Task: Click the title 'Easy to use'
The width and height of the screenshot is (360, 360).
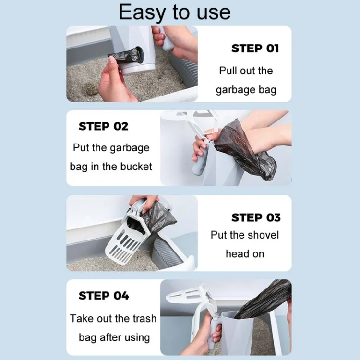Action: (174, 12)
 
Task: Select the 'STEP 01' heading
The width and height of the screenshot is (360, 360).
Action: (255, 48)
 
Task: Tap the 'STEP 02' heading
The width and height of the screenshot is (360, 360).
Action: (103, 127)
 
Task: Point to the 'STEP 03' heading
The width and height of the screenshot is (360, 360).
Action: (256, 218)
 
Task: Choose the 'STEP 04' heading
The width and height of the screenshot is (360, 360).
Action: (104, 296)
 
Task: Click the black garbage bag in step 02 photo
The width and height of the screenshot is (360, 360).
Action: (245, 149)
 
